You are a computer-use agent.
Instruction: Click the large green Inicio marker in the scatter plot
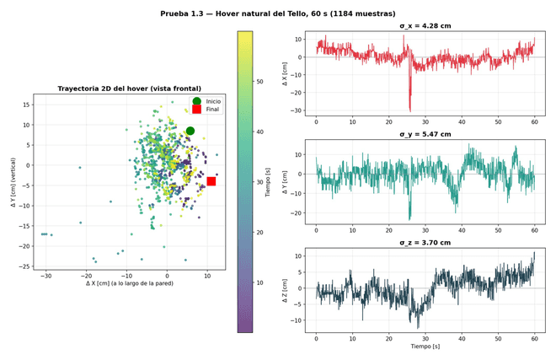coord(190,131)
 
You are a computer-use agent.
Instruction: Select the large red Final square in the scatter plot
coord(211,181)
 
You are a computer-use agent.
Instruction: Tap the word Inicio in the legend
coord(213,101)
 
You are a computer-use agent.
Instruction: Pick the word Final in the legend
coord(212,110)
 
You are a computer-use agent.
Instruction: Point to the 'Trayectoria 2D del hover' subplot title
coord(130,89)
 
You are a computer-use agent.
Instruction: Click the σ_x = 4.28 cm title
coord(425,26)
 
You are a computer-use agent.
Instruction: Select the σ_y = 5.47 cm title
coord(425,134)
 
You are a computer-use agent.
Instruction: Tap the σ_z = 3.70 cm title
coord(425,243)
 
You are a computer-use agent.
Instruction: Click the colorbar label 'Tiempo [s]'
coord(268,182)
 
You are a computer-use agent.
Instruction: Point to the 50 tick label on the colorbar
coord(259,82)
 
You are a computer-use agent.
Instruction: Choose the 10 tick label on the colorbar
coord(259,283)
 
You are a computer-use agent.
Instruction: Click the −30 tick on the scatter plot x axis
coord(45,276)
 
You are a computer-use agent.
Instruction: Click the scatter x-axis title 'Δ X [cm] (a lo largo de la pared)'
coord(130,283)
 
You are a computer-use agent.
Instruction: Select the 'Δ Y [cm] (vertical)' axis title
coord(13,182)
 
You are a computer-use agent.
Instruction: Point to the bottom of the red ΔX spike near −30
coord(410,112)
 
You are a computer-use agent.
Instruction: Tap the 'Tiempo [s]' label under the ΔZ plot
coord(425,347)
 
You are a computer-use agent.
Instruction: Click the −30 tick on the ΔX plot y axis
coord(297,110)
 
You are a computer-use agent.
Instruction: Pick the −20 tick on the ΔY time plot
coord(297,213)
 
